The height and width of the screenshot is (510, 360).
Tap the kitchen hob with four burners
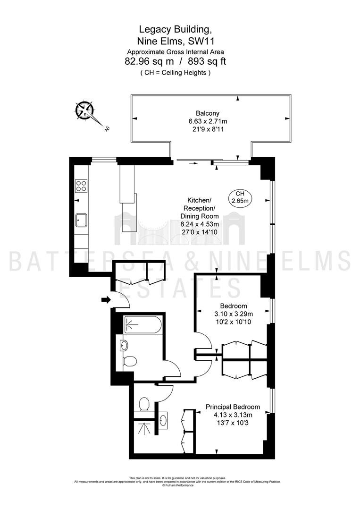click(81, 186)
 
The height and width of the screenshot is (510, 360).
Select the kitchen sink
click(81, 220)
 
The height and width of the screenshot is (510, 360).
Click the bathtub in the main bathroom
click(142, 324)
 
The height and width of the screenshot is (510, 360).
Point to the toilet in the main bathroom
click(130, 361)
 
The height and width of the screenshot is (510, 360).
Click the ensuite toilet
click(144, 405)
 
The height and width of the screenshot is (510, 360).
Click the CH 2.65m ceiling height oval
click(240, 197)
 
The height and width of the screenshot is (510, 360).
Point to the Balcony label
click(208, 113)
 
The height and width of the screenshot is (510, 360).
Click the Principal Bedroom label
click(233, 407)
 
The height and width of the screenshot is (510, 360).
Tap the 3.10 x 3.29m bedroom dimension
click(233, 314)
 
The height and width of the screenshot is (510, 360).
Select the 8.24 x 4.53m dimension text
click(200, 224)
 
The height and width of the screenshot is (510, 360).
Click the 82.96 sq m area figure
click(149, 61)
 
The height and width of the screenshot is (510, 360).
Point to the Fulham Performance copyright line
click(178, 485)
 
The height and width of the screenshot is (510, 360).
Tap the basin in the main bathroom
click(124, 345)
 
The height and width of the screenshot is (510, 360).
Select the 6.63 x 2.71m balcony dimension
click(208, 121)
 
